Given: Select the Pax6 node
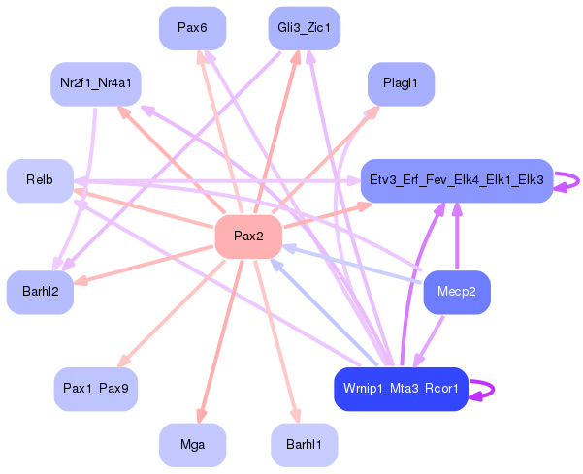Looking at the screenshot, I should pos(192,28).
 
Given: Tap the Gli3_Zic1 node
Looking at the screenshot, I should pos(304,28).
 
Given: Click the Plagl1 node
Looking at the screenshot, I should pos(401,84).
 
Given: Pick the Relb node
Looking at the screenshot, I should pos(40,180).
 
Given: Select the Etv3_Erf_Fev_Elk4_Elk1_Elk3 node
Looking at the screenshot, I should pos(457,180).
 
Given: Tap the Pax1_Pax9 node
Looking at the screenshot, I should pos(95,388).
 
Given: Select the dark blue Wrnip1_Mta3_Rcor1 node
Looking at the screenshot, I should pos(401,389).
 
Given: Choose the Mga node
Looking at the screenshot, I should pos(192,445).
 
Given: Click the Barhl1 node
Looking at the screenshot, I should pos(304,445).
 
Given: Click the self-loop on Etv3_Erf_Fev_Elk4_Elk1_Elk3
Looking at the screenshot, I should pos(572,180).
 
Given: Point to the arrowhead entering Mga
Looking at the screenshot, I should pos(201,417).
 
